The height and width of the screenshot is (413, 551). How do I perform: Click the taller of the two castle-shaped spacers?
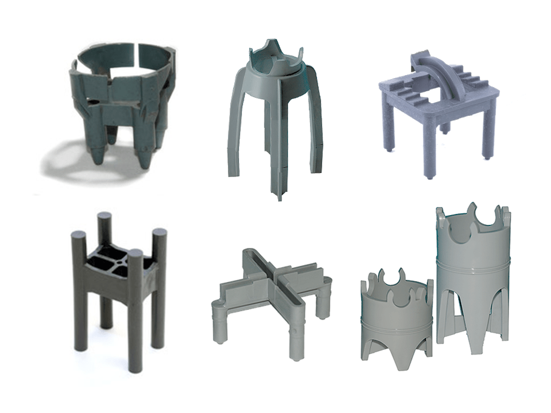click(x=474, y=275)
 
